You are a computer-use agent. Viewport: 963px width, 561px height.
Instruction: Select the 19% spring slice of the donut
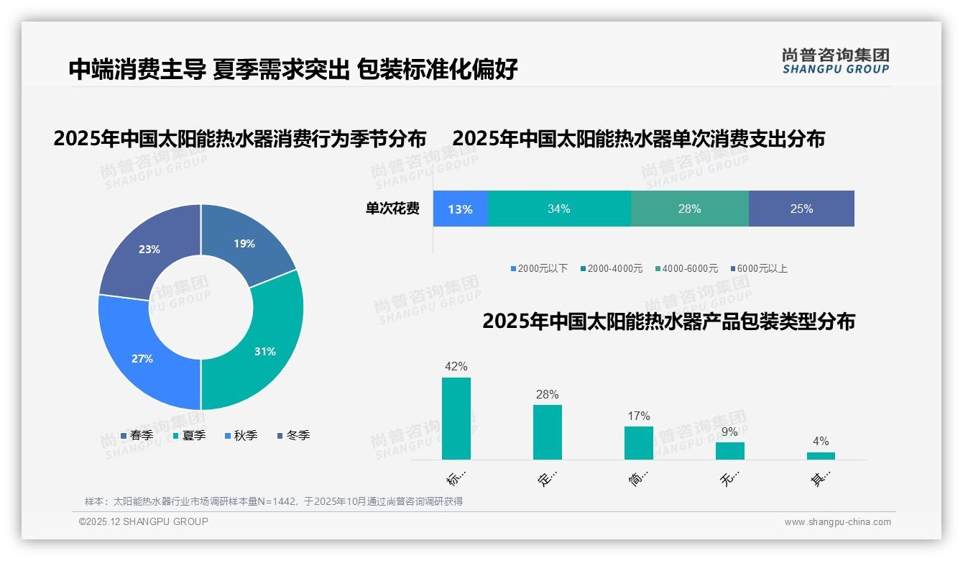point(244,243)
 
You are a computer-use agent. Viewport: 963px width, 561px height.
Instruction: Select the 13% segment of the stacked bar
point(460,209)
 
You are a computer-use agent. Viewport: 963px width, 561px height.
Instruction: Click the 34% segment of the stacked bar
point(559,209)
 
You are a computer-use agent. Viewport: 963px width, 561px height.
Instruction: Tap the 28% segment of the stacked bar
point(689,209)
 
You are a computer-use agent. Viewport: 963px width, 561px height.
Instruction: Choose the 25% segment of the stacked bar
point(801,209)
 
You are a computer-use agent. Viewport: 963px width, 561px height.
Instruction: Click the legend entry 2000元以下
point(539,269)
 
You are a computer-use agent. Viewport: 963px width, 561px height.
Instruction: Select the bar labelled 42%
point(456,419)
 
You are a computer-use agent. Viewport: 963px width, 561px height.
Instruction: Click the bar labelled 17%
point(638,443)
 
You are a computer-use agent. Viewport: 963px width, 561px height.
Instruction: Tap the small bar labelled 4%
point(821,456)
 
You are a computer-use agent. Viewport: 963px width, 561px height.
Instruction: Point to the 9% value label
point(729,432)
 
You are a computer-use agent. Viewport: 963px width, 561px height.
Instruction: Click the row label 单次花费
point(392,209)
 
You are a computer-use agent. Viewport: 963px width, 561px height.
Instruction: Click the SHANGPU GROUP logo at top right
point(836,61)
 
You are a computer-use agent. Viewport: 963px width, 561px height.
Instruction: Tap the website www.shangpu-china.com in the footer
point(837,522)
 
